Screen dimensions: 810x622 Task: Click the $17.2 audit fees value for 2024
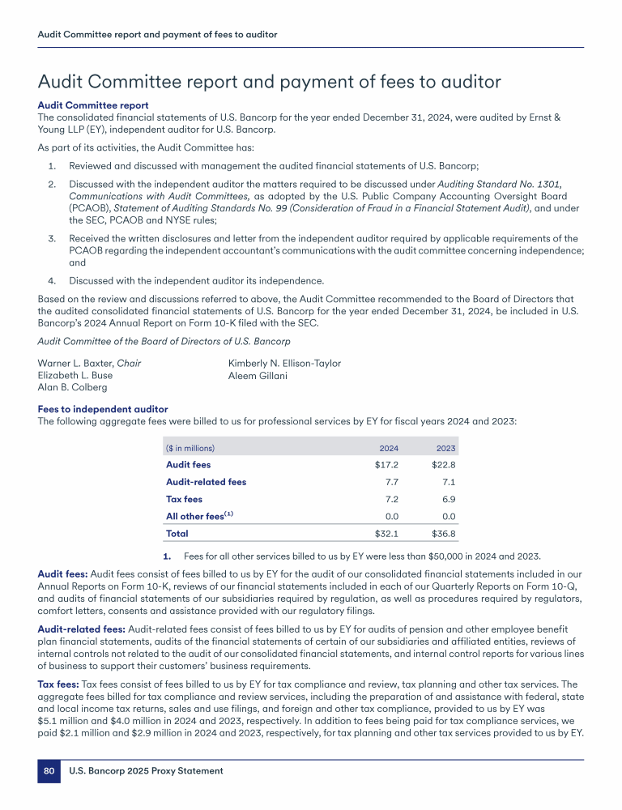(386, 465)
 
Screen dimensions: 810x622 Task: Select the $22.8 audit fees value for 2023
(444, 465)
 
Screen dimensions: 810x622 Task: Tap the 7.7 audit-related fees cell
(391, 482)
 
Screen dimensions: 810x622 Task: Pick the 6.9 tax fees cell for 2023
(449, 499)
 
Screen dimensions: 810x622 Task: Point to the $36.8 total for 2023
(444, 534)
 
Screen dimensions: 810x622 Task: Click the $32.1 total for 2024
(386, 534)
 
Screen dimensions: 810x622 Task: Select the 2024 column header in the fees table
(389, 448)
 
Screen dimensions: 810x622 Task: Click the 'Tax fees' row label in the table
(184, 499)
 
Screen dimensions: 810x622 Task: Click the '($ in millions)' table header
(190, 448)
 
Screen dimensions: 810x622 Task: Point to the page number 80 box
(49, 772)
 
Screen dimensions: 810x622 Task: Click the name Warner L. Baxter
(77, 363)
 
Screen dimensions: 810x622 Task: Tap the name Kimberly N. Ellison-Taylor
(284, 363)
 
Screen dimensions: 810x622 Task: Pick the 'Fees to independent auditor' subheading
(103, 410)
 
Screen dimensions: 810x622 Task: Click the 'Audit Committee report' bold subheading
(93, 105)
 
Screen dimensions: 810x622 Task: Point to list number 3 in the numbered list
(50, 238)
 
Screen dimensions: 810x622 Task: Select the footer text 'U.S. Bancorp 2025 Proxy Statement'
(146, 772)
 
